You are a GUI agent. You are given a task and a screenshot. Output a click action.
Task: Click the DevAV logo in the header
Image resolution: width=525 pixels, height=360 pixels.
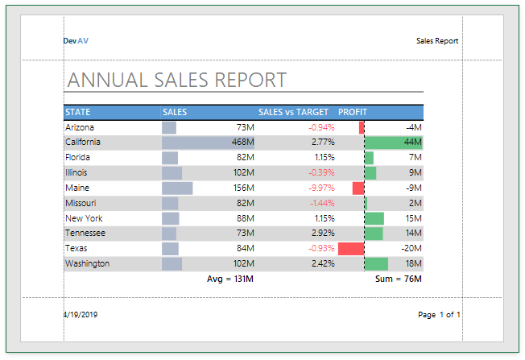pyautogui.click(x=76, y=40)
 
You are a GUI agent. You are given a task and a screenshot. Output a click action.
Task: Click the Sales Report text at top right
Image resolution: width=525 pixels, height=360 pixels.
pyautogui.click(x=437, y=40)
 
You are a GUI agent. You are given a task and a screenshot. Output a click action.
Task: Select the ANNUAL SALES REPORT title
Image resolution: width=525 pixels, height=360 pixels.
pyautogui.click(x=176, y=80)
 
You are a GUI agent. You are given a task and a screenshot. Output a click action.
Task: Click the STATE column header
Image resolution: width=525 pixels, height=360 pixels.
pyautogui.click(x=78, y=112)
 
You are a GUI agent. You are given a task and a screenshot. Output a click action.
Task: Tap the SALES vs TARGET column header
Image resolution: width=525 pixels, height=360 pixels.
pyautogui.click(x=293, y=112)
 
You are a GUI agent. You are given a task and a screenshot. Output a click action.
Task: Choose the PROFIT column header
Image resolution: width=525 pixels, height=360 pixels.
pyautogui.click(x=352, y=112)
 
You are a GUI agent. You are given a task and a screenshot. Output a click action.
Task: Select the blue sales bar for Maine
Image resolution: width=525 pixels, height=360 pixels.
pyautogui.click(x=177, y=188)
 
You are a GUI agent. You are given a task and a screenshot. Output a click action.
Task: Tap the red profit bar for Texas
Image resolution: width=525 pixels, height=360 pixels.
pyautogui.click(x=351, y=248)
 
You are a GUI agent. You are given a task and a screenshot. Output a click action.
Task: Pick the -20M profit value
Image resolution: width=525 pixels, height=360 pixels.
pyautogui.click(x=412, y=248)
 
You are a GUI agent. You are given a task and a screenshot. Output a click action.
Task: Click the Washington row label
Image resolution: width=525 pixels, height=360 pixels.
pyautogui.click(x=87, y=263)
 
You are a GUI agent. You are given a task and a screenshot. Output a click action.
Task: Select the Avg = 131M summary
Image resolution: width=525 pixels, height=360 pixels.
pyautogui.click(x=230, y=279)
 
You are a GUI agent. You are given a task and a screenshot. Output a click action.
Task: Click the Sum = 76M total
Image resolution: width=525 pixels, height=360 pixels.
pyautogui.click(x=399, y=279)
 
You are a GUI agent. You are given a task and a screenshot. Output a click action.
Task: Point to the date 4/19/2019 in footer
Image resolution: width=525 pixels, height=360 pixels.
pyautogui.click(x=82, y=315)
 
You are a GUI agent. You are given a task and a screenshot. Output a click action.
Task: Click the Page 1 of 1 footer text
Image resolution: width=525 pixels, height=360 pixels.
pyautogui.click(x=439, y=315)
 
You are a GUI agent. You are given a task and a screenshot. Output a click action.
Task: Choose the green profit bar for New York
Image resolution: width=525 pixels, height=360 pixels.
pyautogui.click(x=374, y=218)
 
